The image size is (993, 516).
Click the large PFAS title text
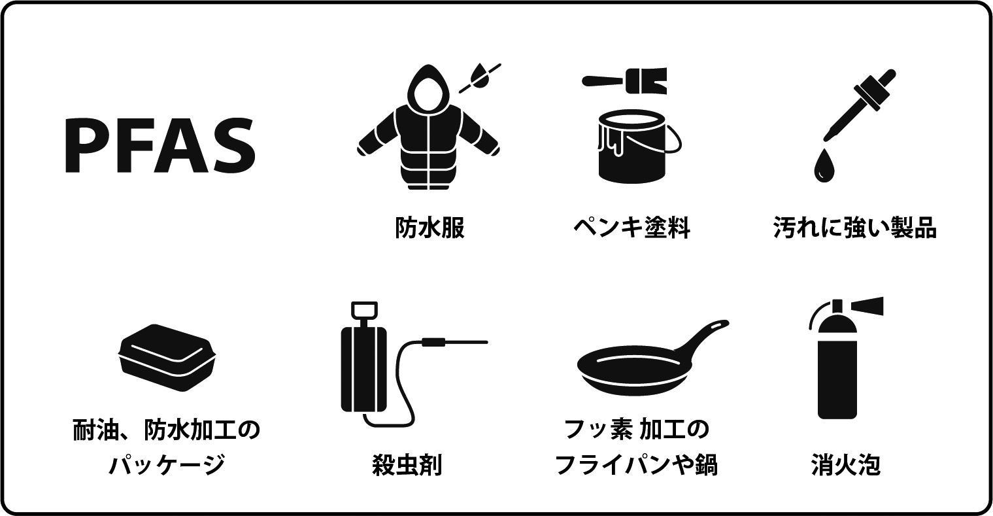point(160,145)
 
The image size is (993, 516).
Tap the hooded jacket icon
point(428,129)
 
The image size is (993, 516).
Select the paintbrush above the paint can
point(624,80)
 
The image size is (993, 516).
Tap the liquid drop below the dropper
point(824,165)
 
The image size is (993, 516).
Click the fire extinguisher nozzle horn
point(867,306)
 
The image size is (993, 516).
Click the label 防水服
point(429,228)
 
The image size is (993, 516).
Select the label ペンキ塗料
point(632,228)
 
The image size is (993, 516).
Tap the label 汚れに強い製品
point(855,228)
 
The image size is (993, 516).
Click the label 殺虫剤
point(407,464)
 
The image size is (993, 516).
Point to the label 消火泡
point(846,464)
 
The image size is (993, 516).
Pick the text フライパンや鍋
point(637,464)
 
